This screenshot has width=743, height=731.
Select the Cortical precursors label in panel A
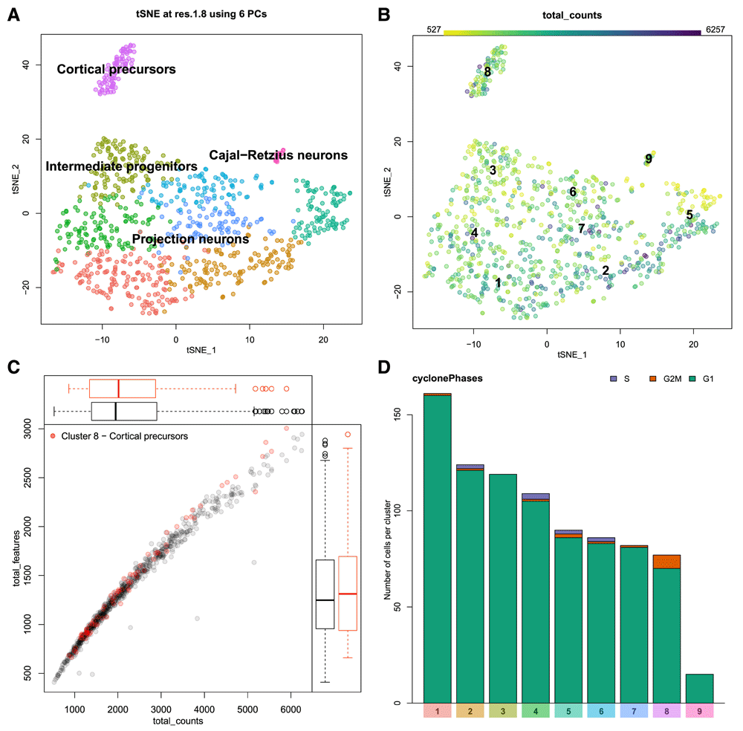[x=116, y=70]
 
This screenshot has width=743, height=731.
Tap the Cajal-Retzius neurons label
[x=278, y=155]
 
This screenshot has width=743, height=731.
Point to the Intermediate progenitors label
[x=122, y=166]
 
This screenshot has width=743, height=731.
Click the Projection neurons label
[x=190, y=239]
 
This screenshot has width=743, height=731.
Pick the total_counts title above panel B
[x=573, y=15]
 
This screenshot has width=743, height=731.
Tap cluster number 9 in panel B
[x=649, y=158]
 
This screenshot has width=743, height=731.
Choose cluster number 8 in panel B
[x=487, y=72]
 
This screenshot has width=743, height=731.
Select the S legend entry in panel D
[x=623, y=379]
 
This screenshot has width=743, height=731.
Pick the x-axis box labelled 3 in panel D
[x=503, y=712]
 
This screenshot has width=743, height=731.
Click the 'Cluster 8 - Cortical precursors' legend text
[x=123, y=435]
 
